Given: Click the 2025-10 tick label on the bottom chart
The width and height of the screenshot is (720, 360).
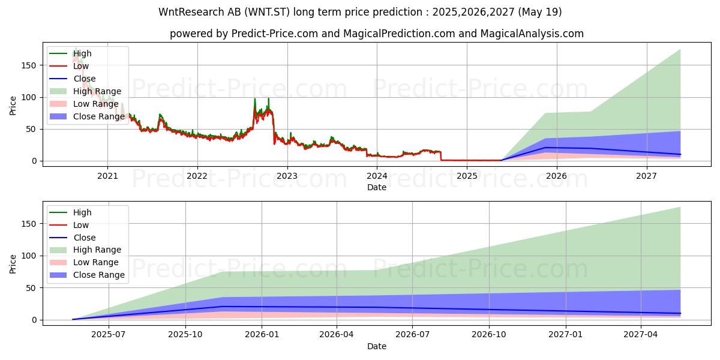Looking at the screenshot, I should click(x=185, y=334).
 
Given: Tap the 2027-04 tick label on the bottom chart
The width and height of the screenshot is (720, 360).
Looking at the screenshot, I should click(x=641, y=334).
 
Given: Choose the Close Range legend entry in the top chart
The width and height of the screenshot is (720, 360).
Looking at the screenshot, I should click(x=98, y=116).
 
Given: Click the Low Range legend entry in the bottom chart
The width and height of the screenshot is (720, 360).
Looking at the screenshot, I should click(x=96, y=262).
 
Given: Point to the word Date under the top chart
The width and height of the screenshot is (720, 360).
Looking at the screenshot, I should click(x=377, y=187).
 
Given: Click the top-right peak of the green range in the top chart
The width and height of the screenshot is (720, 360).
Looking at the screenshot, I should click(x=680, y=49).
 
